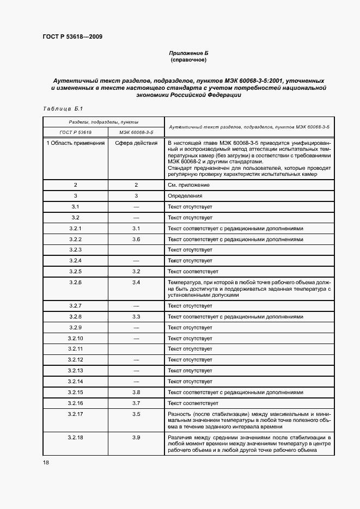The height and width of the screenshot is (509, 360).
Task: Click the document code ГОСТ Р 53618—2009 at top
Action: point(72,37)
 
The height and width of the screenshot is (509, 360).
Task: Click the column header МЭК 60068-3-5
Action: point(136,132)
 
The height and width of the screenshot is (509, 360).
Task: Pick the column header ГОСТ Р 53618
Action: point(76,132)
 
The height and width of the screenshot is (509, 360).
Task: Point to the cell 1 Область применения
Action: point(76,143)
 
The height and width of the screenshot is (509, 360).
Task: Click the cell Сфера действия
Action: point(136,143)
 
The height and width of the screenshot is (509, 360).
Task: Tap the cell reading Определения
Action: point(185,196)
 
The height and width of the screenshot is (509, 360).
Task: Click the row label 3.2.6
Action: point(76,282)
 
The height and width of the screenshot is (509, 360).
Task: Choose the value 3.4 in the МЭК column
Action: point(136,282)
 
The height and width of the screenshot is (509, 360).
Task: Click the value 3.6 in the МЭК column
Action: point(136,239)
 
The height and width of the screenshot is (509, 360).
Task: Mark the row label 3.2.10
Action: point(76,338)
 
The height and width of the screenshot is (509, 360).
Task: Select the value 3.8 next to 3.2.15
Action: point(136,392)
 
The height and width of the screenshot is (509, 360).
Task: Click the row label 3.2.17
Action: point(76,414)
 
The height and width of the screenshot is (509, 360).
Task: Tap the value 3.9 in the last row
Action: point(136,437)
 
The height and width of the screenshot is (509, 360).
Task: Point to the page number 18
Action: point(46,462)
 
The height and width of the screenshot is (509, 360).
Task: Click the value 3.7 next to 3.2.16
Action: point(136,403)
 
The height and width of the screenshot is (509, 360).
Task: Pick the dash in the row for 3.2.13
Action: point(136,371)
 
